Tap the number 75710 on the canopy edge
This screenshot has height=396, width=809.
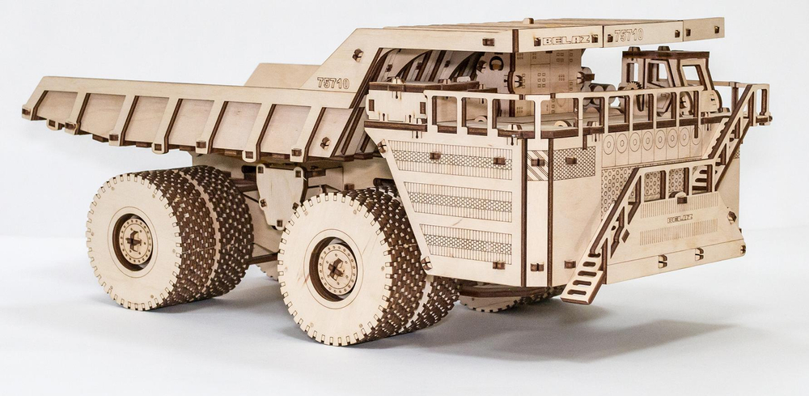pos(629,35)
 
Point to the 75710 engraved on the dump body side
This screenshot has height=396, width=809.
pos(332,83)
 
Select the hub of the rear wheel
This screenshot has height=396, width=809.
pos(133,241)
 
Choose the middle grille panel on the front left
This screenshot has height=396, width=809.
pos(460,200)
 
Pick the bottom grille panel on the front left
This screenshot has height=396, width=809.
pos(468,241)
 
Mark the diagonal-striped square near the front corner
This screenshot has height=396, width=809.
pos(537,164)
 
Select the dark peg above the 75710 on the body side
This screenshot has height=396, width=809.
pos(357,55)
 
